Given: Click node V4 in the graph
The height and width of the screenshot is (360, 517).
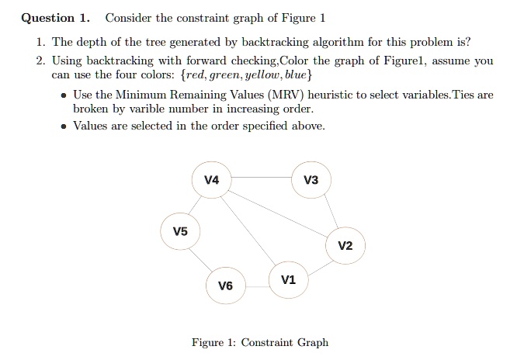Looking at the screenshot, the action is pyautogui.click(x=211, y=180).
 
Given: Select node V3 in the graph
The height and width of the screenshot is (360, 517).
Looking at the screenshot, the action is pyautogui.click(x=311, y=180).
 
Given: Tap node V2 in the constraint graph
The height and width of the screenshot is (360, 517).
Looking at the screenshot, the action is pyautogui.click(x=345, y=246).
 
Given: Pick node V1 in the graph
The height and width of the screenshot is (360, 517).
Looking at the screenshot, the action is pyautogui.click(x=289, y=280).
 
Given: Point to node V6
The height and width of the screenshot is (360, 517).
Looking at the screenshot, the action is pyautogui.click(x=226, y=286).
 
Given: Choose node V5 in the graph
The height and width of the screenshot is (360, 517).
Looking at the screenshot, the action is pyautogui.click(x=180, y=231).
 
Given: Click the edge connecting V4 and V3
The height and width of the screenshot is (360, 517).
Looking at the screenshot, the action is pyautogui.click(x=261, y=178).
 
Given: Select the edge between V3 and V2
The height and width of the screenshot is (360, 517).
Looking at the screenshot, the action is pyautogui.click(x=331, y=211).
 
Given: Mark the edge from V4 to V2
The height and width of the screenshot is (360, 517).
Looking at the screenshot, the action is pyautogui.click(x=277, y=213).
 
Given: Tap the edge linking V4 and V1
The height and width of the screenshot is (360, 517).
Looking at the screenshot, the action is pyautogui.click(x=248, y=230).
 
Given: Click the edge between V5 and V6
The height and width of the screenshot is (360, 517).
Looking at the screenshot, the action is pyautogui.click(x=200, y=260).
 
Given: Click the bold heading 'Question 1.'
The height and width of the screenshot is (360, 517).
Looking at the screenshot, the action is pyautogui.click(x=55, y=18).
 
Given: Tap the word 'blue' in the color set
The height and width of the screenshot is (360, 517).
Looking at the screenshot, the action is pyautogui.click(x=296, y=74).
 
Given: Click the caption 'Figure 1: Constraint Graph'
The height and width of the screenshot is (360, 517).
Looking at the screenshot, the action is pyautogui.click(x=260, y=342).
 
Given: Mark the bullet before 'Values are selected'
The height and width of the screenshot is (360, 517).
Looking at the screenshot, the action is pyautogui.click(x=64, y=126).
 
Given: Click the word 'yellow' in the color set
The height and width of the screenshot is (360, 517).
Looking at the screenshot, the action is pyautogui.click(x=263, y=75).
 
